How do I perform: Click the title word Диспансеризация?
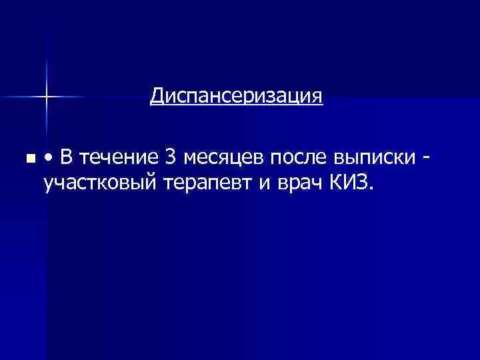click(237, 97)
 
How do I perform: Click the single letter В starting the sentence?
click(67, 157)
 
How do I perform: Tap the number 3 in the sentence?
click(171, 157)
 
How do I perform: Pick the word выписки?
click(374, 159)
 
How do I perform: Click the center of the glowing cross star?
click(47, 97)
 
